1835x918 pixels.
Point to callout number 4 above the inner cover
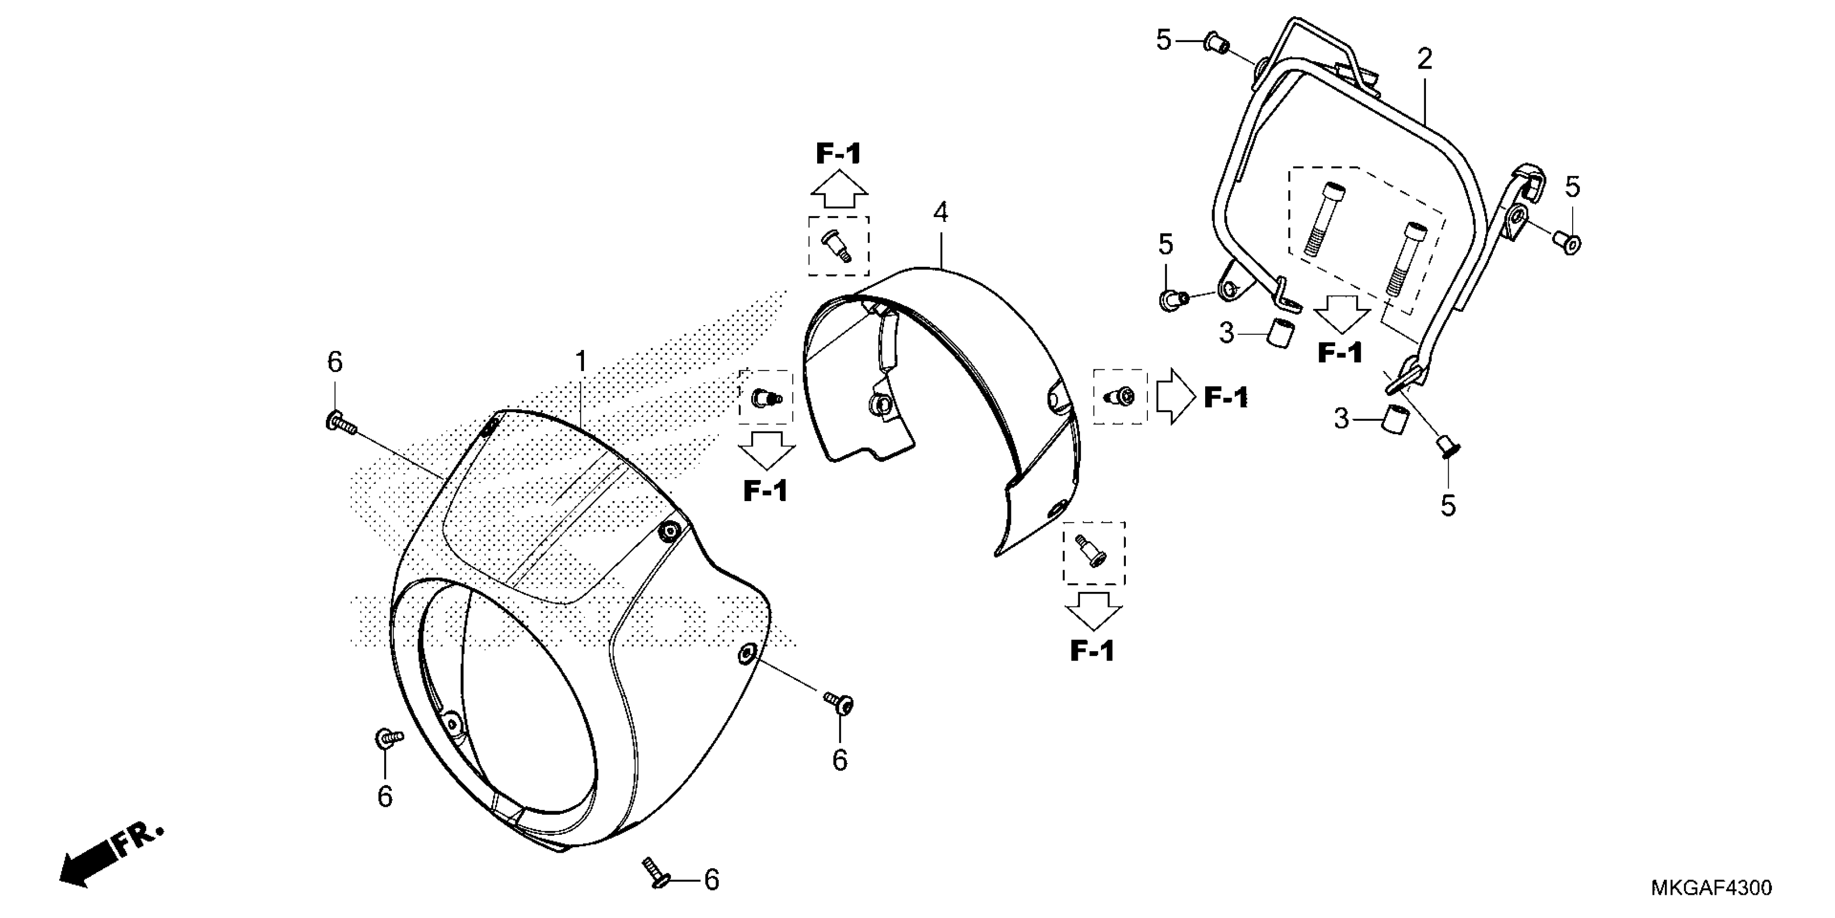coord(940,212)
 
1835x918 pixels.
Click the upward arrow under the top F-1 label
coord(838,190)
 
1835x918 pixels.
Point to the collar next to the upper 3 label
coord(1281,334)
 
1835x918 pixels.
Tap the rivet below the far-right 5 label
coord(1568,243)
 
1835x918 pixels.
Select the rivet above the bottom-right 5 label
coord(1446,448)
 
